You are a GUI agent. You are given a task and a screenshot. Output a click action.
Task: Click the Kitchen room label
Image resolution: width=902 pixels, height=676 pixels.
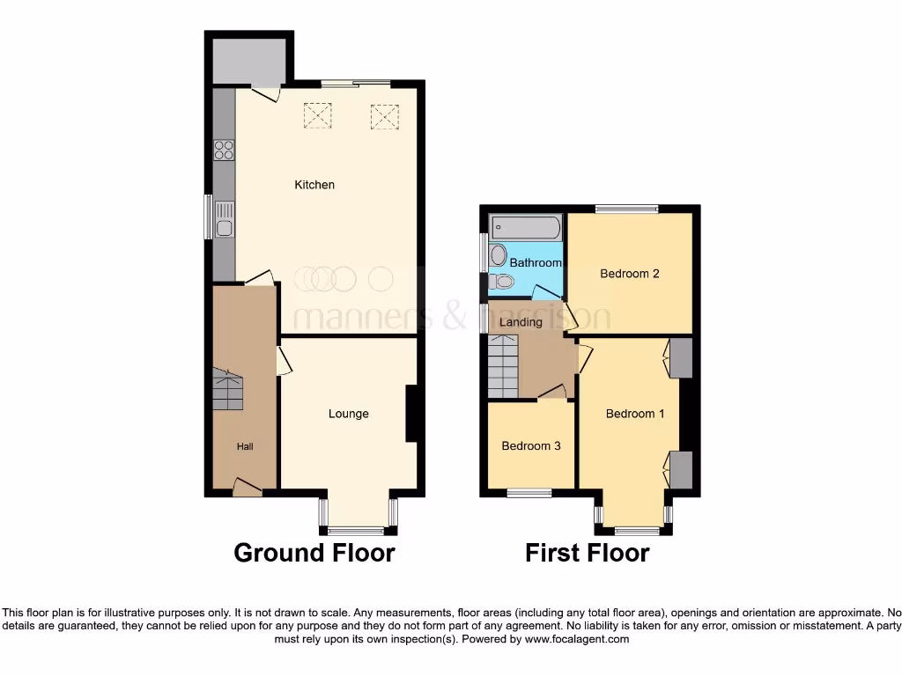pyautogui.click(x=314, y=185)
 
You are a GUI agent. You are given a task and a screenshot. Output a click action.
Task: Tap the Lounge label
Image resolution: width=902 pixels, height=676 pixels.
pyautogui.click(x=348, y=414)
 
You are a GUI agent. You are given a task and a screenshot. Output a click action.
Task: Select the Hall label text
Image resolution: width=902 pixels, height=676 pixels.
pyautogui.click(x=245, y=447)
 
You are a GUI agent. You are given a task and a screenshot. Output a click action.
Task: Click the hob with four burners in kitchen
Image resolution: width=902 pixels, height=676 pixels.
pyautogui.click(x=224, y=151)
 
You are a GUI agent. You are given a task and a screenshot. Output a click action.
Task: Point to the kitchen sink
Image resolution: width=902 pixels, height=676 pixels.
pyautogui.click(x=224, y=220)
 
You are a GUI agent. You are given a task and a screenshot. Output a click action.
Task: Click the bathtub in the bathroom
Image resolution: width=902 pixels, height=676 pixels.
pyautogui.click(x=526, y=227)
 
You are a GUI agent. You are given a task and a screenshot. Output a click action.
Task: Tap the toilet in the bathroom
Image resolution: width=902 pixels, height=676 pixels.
pyautogui.click(x=502, y=282)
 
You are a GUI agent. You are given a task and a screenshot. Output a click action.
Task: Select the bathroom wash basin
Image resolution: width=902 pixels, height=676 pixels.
pyautogui.click(x=498, y=256)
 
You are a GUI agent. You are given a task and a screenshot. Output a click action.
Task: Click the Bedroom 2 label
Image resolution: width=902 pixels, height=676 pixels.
pyautogui.click(x=630, y=274)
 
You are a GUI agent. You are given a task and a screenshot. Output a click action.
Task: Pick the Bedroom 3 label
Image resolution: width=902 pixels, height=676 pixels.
pyautogui.click(x=531, y=446)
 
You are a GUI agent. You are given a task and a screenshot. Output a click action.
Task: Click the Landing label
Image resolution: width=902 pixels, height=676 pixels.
pyautogui.click(x=521, y=322)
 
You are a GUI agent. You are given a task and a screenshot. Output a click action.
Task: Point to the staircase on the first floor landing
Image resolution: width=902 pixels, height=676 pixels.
pyautogui.click(x=503, y=367)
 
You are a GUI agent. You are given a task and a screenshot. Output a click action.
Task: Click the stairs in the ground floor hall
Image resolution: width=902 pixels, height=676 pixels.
pyautogui.click(x=227, y=389)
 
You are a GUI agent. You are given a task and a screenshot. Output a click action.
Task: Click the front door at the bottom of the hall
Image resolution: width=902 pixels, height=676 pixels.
pyautogui.click(x=248, y=486)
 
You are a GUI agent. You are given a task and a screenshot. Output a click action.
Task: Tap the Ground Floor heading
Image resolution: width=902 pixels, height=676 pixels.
pyautogui.click(x=314, y=553)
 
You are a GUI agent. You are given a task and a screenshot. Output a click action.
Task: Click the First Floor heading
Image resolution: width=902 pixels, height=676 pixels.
pyautogui.click(x=587, y=553)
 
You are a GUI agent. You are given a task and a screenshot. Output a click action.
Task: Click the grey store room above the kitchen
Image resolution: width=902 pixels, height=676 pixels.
pyautogui.click(x=248, y=57)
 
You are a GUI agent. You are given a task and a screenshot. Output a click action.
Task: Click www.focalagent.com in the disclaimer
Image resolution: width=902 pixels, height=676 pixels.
pyautogui.click(x=577, y=639)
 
